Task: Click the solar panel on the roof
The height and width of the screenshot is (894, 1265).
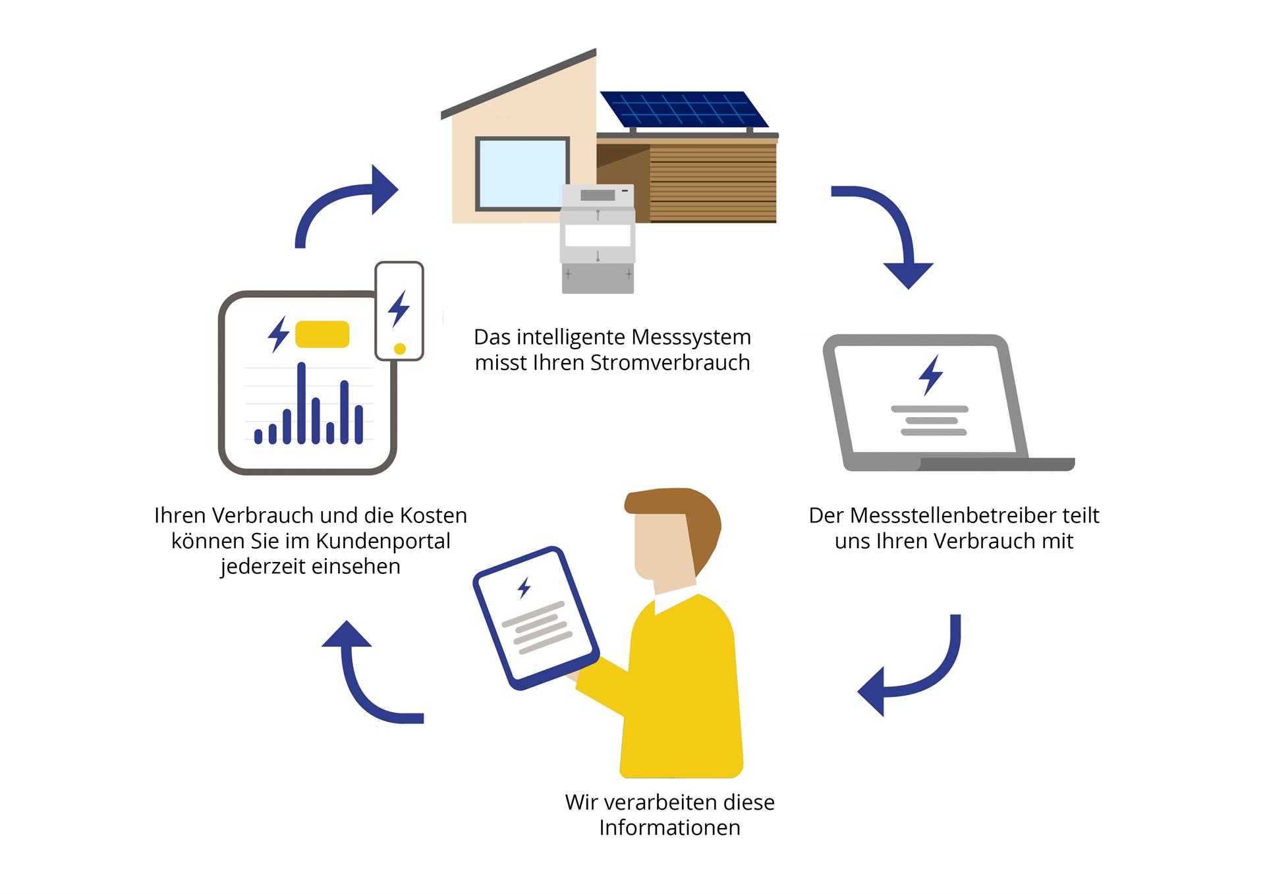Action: coord(685,109)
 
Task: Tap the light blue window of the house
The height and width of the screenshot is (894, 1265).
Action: coord(522,174)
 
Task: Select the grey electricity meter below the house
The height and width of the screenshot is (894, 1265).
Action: coord(598,238)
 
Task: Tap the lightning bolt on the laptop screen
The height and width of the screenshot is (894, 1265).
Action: coord(930,376)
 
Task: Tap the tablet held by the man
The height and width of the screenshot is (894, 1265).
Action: coord(536,618)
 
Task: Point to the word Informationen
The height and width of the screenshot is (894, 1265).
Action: coord(669,828)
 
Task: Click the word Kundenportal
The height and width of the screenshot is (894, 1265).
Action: coord(380,542)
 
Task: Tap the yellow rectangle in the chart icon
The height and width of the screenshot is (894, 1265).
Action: coord(322,334)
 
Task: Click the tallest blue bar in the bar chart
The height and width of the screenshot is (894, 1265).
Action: coord(301,403)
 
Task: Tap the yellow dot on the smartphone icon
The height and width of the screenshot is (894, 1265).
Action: coord(399,349)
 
